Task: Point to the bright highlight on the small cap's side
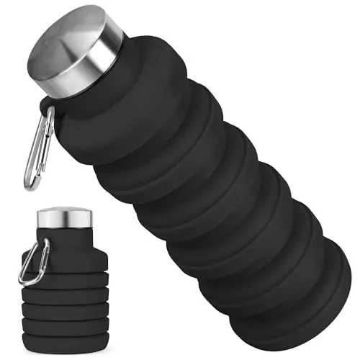[x=48, y=220]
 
